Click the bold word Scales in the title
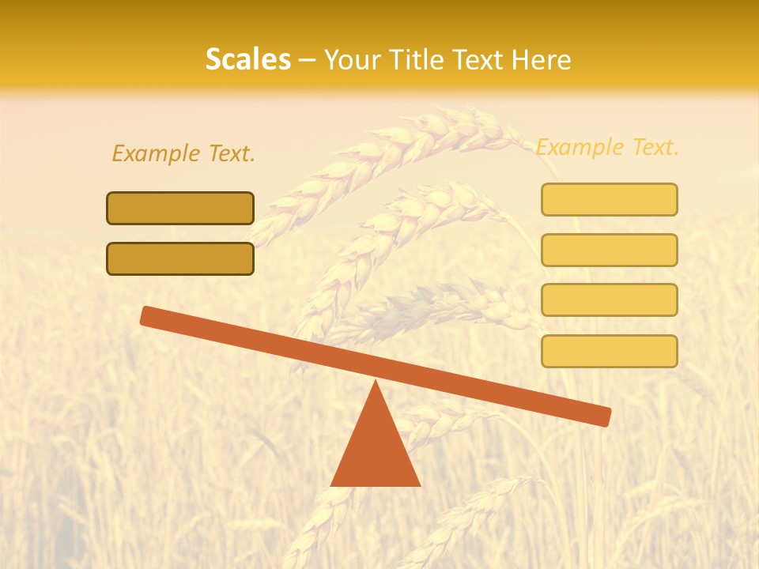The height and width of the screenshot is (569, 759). [x=247, y=59]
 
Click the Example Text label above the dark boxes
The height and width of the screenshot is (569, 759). [x=183, y=153]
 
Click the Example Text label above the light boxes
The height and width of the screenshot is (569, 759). [x=607, y=147]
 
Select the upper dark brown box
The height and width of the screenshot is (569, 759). [x=180, y=208]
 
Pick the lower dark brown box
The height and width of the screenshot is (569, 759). [x=180, y=258]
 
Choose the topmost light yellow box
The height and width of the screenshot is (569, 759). [x=609, y=199]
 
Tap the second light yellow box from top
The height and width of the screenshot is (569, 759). [x=609, y=250]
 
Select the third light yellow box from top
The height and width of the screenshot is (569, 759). [x=609, y=300]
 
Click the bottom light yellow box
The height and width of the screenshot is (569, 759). [x=609, y=351]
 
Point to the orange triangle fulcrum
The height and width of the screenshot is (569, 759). [x=375, y=447]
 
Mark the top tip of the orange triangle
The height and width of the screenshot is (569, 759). [x=375, y=382]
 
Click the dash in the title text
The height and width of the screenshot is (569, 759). [x=308, y=60]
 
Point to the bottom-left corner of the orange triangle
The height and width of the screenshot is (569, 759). [x=332, y=484]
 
